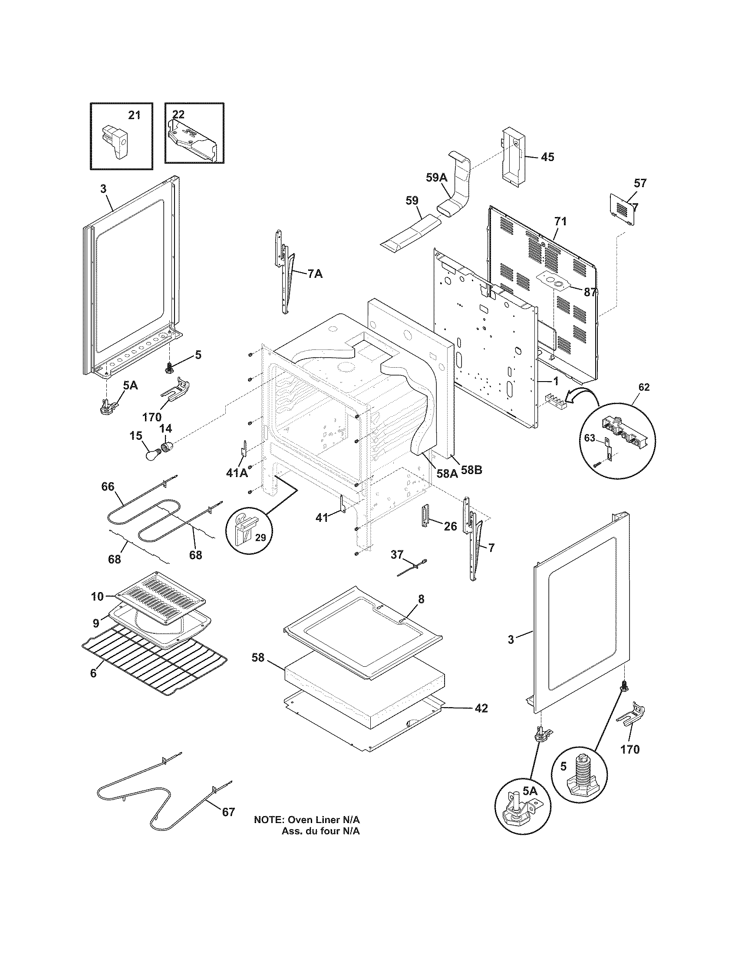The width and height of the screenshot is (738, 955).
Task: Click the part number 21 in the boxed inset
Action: [134, 115]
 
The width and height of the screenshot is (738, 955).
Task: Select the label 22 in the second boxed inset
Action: [178, 115]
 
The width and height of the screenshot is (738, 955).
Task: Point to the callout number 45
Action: [547, 157]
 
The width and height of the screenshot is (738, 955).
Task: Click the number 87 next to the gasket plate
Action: [590, 292]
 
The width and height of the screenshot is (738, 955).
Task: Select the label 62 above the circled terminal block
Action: [643, 387]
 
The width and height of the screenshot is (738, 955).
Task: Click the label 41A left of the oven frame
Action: [237, 473]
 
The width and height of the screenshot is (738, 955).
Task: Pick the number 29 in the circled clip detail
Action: [260, 537]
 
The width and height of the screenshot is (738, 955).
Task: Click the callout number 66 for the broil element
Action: [108, 487]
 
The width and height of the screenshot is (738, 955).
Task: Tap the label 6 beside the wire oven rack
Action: [93, 673]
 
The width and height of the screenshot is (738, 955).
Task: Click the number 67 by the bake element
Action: [228, 812]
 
